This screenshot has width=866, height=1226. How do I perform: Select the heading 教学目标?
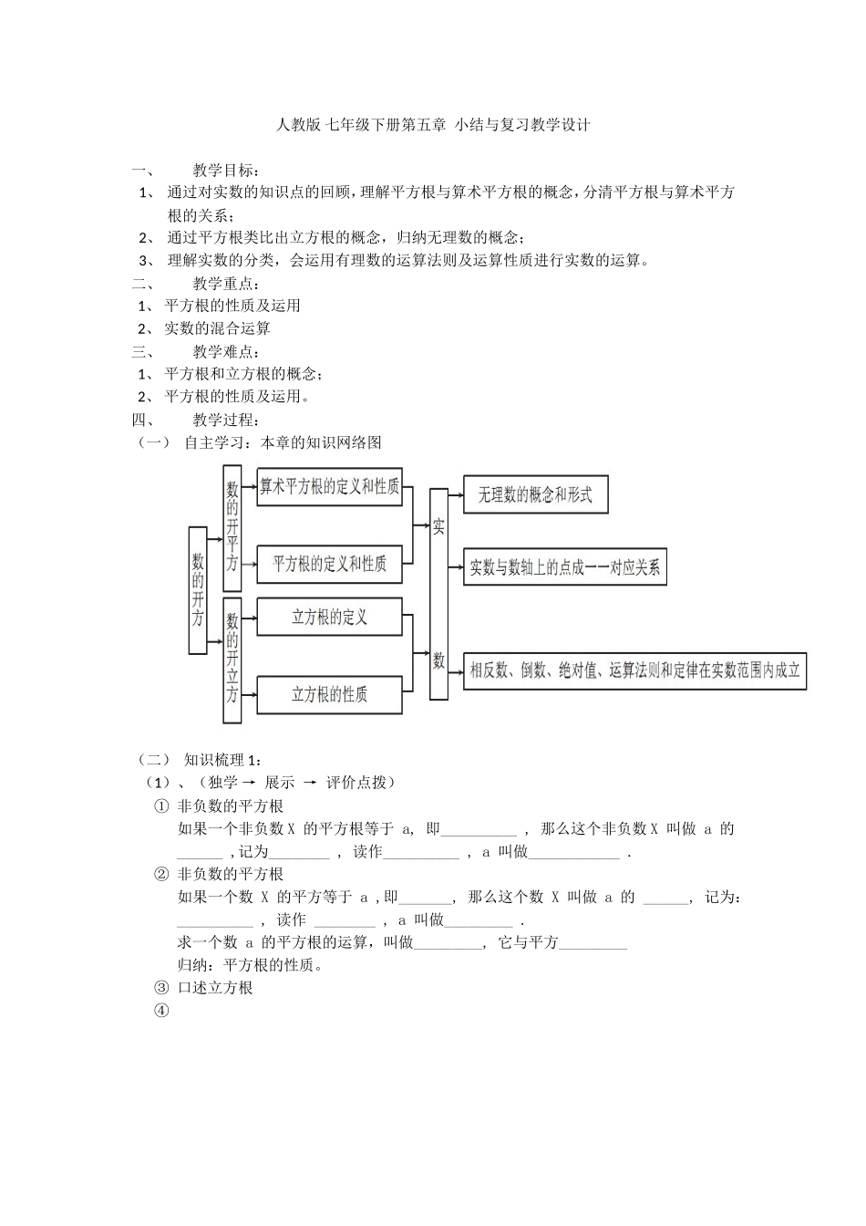(226, 171)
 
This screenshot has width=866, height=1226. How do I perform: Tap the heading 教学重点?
(226, 284)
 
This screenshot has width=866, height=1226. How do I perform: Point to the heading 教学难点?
(226, 352)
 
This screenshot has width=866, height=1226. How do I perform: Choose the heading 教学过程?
(226, 421)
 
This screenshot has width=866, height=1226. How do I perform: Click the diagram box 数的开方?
(198, 590)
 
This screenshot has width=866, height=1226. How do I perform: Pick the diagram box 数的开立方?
(232, 660)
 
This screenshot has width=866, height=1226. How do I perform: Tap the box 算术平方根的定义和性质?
(329, 486)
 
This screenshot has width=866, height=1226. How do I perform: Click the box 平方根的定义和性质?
(329, 564)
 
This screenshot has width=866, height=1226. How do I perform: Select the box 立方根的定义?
(329, 618)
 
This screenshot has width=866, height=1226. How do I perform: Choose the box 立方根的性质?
(329, 695)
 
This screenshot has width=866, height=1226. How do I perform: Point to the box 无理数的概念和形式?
(535, 494)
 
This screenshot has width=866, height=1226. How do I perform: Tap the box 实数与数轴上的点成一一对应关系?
(565, 567)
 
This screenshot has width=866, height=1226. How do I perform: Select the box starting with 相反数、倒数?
(634, 671)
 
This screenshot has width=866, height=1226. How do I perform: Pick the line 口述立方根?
(215, 988)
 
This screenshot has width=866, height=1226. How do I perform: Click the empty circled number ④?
(162, 1011)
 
